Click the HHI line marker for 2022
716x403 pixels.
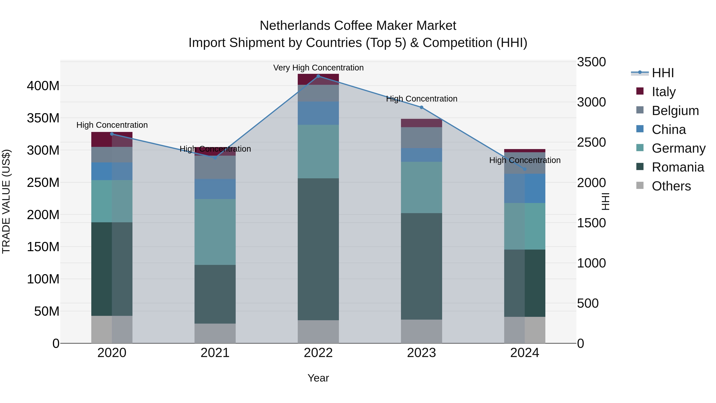pos(318,76)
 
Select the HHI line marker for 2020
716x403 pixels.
pos(112,134)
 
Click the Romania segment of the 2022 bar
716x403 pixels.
pos(318,249)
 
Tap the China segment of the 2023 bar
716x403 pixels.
pos(421,155)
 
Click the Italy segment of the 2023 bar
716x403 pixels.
pos(421,123)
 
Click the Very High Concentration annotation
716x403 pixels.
pos(318,68)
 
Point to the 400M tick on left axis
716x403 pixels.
pos(43,86)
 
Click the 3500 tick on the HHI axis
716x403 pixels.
pos(591,62)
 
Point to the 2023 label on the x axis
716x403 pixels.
pos(421,353)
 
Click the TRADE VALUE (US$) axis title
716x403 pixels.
pos(6,201)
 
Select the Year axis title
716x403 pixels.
pos(318,378)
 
